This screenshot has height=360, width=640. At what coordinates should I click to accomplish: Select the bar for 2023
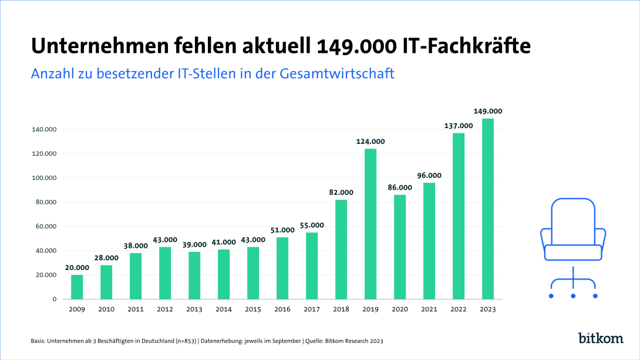(x=488, y=208)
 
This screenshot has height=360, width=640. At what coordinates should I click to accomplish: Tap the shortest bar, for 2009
(x=77, y=287)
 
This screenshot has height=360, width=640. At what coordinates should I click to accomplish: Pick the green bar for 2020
(x=400, y=247)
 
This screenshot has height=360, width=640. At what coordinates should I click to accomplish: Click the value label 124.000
(x=370, y=142)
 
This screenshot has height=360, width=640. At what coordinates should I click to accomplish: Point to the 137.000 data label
(x=459, y=126)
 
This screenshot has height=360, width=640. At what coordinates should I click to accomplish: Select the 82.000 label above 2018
(x=341, y=192)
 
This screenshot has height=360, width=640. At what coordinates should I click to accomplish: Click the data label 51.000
(x=282, y=230)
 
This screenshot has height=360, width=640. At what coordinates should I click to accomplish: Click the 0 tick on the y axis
(x=54, y=300)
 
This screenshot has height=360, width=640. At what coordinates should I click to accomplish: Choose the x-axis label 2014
(x=224, y=309)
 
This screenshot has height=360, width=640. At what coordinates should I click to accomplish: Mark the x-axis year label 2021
(x=429, y=309)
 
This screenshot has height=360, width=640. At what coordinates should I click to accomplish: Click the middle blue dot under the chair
(x=573, y=295)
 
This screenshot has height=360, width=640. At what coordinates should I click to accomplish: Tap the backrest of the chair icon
(x=573, y=220)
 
